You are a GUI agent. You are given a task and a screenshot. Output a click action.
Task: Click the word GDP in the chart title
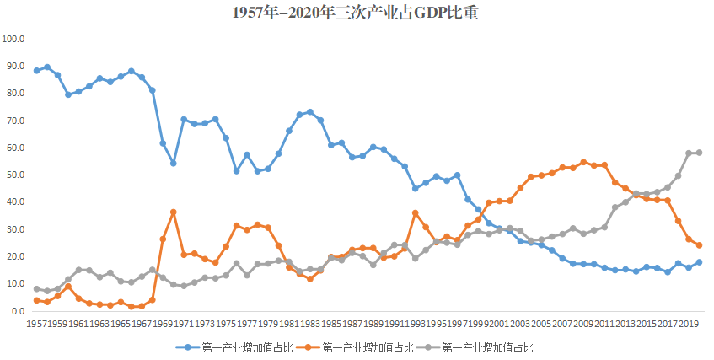pos(413,13)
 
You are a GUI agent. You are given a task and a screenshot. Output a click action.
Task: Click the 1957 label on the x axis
pos(37,324)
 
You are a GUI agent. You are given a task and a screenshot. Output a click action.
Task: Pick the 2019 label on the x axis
pos(689,324)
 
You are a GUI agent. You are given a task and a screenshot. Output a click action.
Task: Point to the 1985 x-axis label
pos(330,324)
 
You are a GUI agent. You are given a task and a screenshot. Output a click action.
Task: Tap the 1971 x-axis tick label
pos(184,324)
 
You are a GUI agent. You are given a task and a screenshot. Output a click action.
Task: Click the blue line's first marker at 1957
pos(37,71)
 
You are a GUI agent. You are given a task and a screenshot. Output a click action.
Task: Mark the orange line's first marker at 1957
pos(37,300)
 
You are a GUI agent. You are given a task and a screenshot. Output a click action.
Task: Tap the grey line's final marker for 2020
pos(699,153)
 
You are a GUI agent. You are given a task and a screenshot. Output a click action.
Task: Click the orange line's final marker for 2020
pos(699,245)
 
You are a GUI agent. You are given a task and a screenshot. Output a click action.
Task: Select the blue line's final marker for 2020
pos(699,262)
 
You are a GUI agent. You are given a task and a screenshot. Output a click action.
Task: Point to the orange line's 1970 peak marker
pos(173,212)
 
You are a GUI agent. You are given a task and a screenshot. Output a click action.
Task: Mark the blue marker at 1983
pos(309,112)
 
